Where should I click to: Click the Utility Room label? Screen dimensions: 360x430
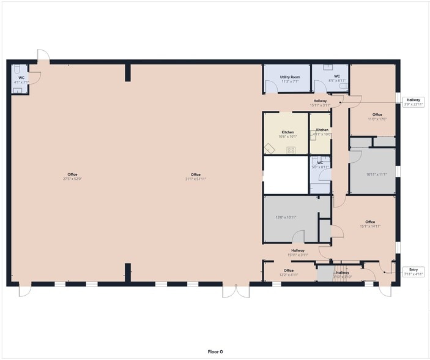pyautogui.click(x=290, y=77)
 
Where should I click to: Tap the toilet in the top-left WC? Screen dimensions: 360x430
pyautogui.click(x=19, y=69)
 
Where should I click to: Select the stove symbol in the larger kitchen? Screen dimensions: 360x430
pyautogui.click(x=291, y=149)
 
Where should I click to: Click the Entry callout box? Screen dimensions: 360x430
pyautogui.click(x=413, y=271)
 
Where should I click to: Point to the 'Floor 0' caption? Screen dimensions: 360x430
pyautogui.click(x=215, y=351)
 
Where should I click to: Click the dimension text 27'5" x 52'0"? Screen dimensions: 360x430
pyautogui.click(x=72, y=179)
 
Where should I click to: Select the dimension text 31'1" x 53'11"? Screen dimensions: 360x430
pyautogui.click(x=196, y=179)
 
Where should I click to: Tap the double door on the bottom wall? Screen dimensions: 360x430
pyautogui.click(x=235, y=291)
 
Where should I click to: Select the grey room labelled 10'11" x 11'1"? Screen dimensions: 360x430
pyautogui.click(x=377, y=174)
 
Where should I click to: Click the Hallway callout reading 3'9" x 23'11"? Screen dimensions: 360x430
pyautogui.click(x=413, y=102)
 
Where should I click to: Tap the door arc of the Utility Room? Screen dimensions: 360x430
pyautogui.click(x=272, y=88)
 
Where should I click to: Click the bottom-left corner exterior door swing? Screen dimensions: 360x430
pyautogui.click(x=23, y=290)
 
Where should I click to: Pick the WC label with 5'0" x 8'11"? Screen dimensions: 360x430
pyautogui.click(x=320, y=165)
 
